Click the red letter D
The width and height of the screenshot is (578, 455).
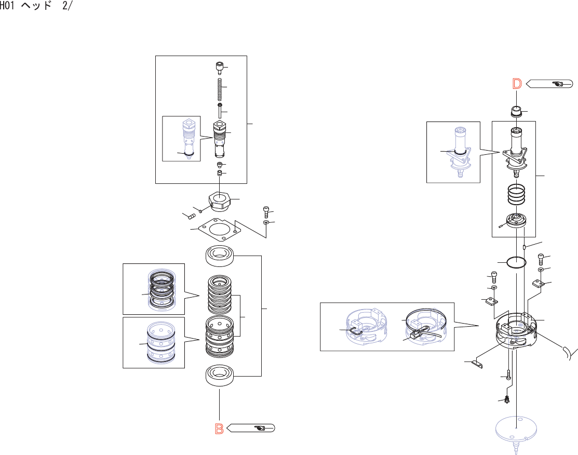pos(517,84)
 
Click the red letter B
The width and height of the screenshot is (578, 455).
pos(219,429)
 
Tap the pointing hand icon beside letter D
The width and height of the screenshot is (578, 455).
pos(558,84)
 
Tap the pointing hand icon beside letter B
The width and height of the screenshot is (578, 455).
pos(260,428)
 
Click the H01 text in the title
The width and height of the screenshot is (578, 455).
pos(7,6)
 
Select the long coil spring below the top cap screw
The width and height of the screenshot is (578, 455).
pos(220,89)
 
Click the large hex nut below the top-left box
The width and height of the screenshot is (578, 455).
pos(220,201)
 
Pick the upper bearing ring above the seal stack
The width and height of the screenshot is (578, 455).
pos(220,256)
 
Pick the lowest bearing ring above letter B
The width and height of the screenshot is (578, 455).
pos(220,376)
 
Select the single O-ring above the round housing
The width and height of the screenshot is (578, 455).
pos(516,262)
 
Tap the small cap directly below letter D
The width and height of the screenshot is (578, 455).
pos(516,111)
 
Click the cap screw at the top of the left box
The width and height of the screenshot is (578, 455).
pos(220,68)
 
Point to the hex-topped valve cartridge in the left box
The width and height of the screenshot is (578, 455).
pos(220,139)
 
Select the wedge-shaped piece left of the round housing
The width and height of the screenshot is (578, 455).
pos(477,364)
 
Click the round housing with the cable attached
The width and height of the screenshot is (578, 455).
pos(516,330)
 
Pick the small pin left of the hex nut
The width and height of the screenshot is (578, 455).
pos(192,217)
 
